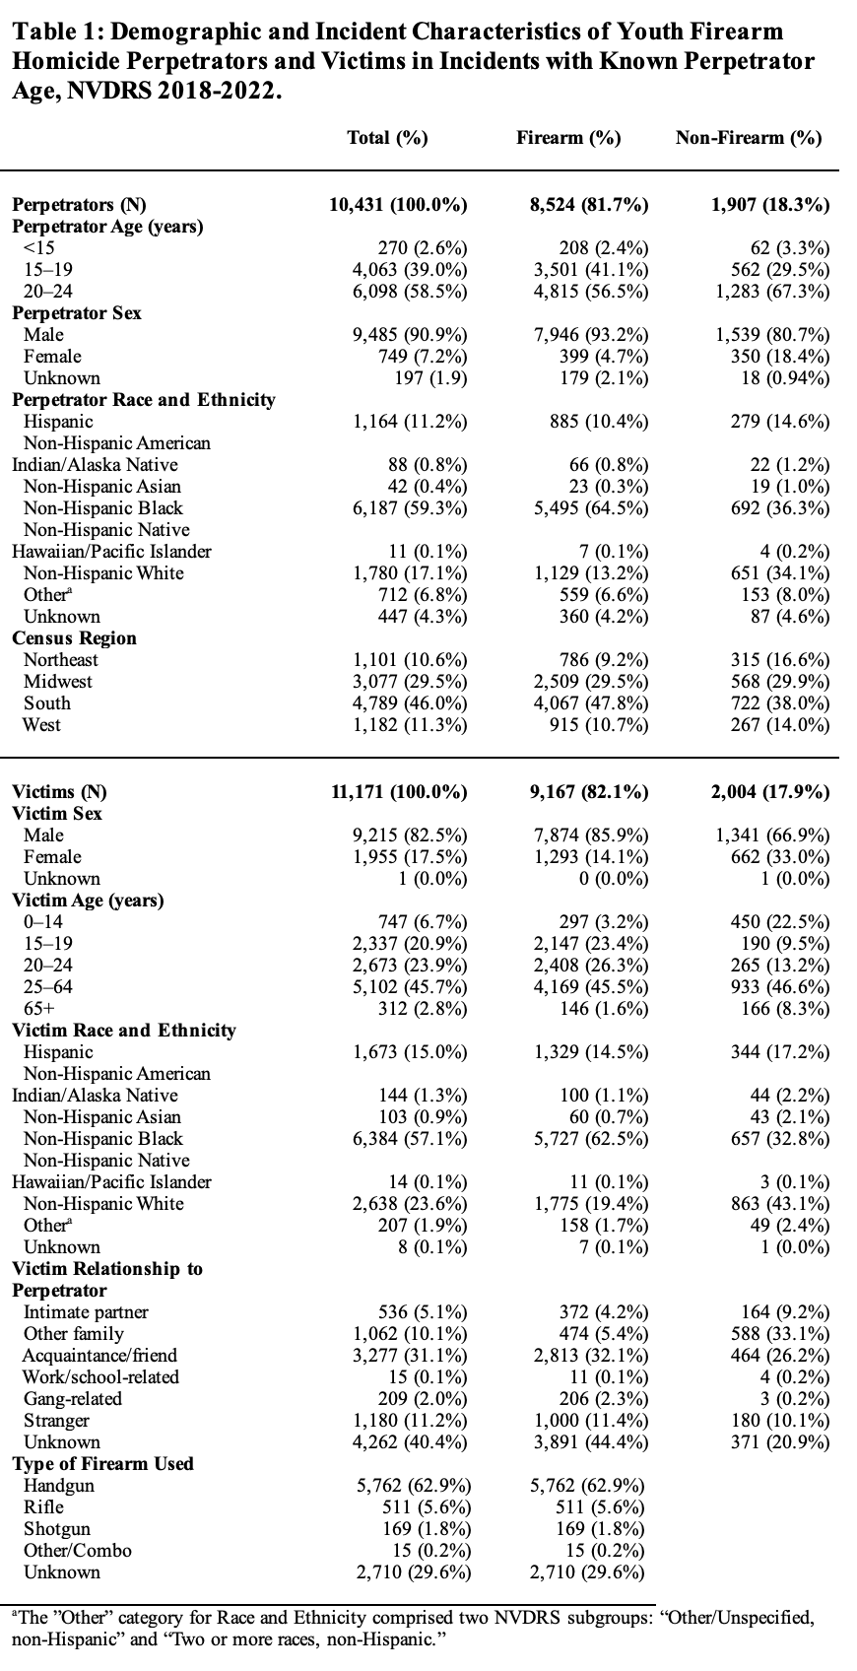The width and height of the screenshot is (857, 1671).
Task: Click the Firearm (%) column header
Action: (568, 138)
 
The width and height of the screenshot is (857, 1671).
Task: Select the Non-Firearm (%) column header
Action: (749, 138)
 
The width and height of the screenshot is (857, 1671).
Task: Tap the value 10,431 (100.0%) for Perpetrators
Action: (397, 205)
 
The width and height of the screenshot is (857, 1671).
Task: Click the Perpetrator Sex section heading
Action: (77, 313)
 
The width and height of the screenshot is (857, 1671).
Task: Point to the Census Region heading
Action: (74, 638)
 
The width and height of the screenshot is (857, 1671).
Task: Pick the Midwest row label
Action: (58, 682)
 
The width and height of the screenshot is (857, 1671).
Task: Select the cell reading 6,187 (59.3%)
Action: (410, 508)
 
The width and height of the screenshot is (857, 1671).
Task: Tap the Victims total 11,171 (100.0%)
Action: (397, 792)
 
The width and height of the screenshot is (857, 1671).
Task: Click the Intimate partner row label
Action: (86, 1312)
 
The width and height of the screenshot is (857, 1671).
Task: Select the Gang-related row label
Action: (73, 1399)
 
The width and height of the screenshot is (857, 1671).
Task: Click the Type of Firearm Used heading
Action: (102, 1464)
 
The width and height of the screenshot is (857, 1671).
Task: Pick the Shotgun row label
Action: (57, 1529)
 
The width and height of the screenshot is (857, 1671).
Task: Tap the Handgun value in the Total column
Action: (413, 1486)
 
